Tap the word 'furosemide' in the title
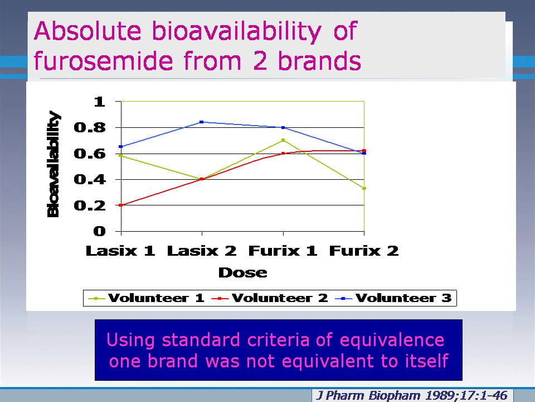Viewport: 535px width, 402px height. (103, 60)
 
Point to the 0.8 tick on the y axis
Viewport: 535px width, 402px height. (90, 127)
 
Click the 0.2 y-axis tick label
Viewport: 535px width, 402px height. (90, 205)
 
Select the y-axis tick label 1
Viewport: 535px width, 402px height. (99, 102)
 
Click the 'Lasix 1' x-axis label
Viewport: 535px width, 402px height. (120, 251)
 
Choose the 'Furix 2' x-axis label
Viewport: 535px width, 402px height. (364, 251)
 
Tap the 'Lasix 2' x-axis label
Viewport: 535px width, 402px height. (202, 251)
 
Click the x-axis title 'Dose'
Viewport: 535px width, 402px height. (242, 272)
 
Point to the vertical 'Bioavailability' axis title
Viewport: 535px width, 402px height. (53, 164)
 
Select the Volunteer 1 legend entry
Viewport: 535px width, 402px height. (146, 298)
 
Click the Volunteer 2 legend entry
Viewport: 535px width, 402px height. (270, 298)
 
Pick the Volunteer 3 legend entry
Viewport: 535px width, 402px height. (393, 298)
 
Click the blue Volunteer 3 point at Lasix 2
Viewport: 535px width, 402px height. (202, 122)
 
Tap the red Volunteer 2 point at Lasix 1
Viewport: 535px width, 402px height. (121, 205)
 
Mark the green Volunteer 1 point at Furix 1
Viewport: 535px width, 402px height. (283, 140)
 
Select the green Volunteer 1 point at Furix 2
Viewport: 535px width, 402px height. (364, 188)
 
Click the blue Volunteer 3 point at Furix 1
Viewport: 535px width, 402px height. (283, 127)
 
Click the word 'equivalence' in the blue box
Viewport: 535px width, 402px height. (392, 340)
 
